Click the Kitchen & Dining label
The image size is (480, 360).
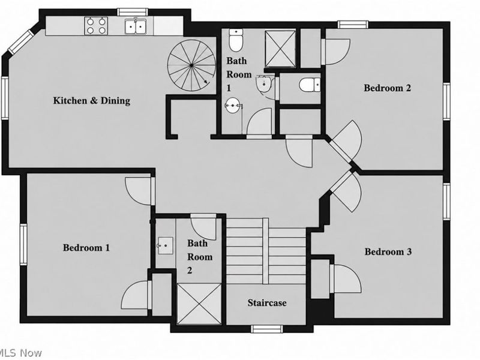pos(92,101)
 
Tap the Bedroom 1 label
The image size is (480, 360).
pos(86,247)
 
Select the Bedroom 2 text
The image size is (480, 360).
pos(387,88)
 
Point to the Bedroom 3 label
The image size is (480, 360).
pos(388,251)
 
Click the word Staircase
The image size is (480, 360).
pos(267,303)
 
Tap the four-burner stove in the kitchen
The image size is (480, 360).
pos(96,26)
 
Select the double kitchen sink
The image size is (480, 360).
pos(136,26)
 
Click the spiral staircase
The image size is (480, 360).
pos(191,65)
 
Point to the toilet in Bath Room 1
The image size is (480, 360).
pos(236,40)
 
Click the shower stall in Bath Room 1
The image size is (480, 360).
pos(280,48)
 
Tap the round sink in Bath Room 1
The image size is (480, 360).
pos(233,106)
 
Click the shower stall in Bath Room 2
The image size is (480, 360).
pos(199,304)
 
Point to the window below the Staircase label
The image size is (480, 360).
pos(266,329)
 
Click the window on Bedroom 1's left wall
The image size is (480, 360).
pos(23,244)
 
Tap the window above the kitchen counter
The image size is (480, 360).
pos(133,12)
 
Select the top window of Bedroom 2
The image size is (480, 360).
pos(353,25)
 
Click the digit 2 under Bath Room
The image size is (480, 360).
pos(190,271)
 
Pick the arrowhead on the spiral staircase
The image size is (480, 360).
pos(206,82)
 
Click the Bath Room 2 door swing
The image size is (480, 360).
pos(202,227)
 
